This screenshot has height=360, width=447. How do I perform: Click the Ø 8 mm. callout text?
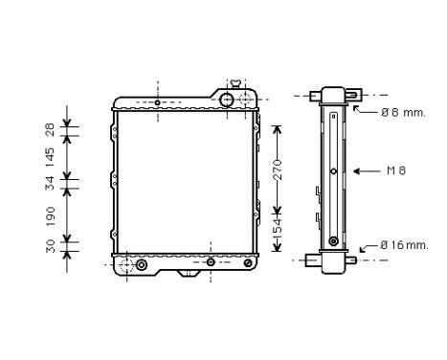tap(402, 113)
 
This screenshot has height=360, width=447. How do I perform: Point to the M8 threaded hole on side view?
tap(332, 172)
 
